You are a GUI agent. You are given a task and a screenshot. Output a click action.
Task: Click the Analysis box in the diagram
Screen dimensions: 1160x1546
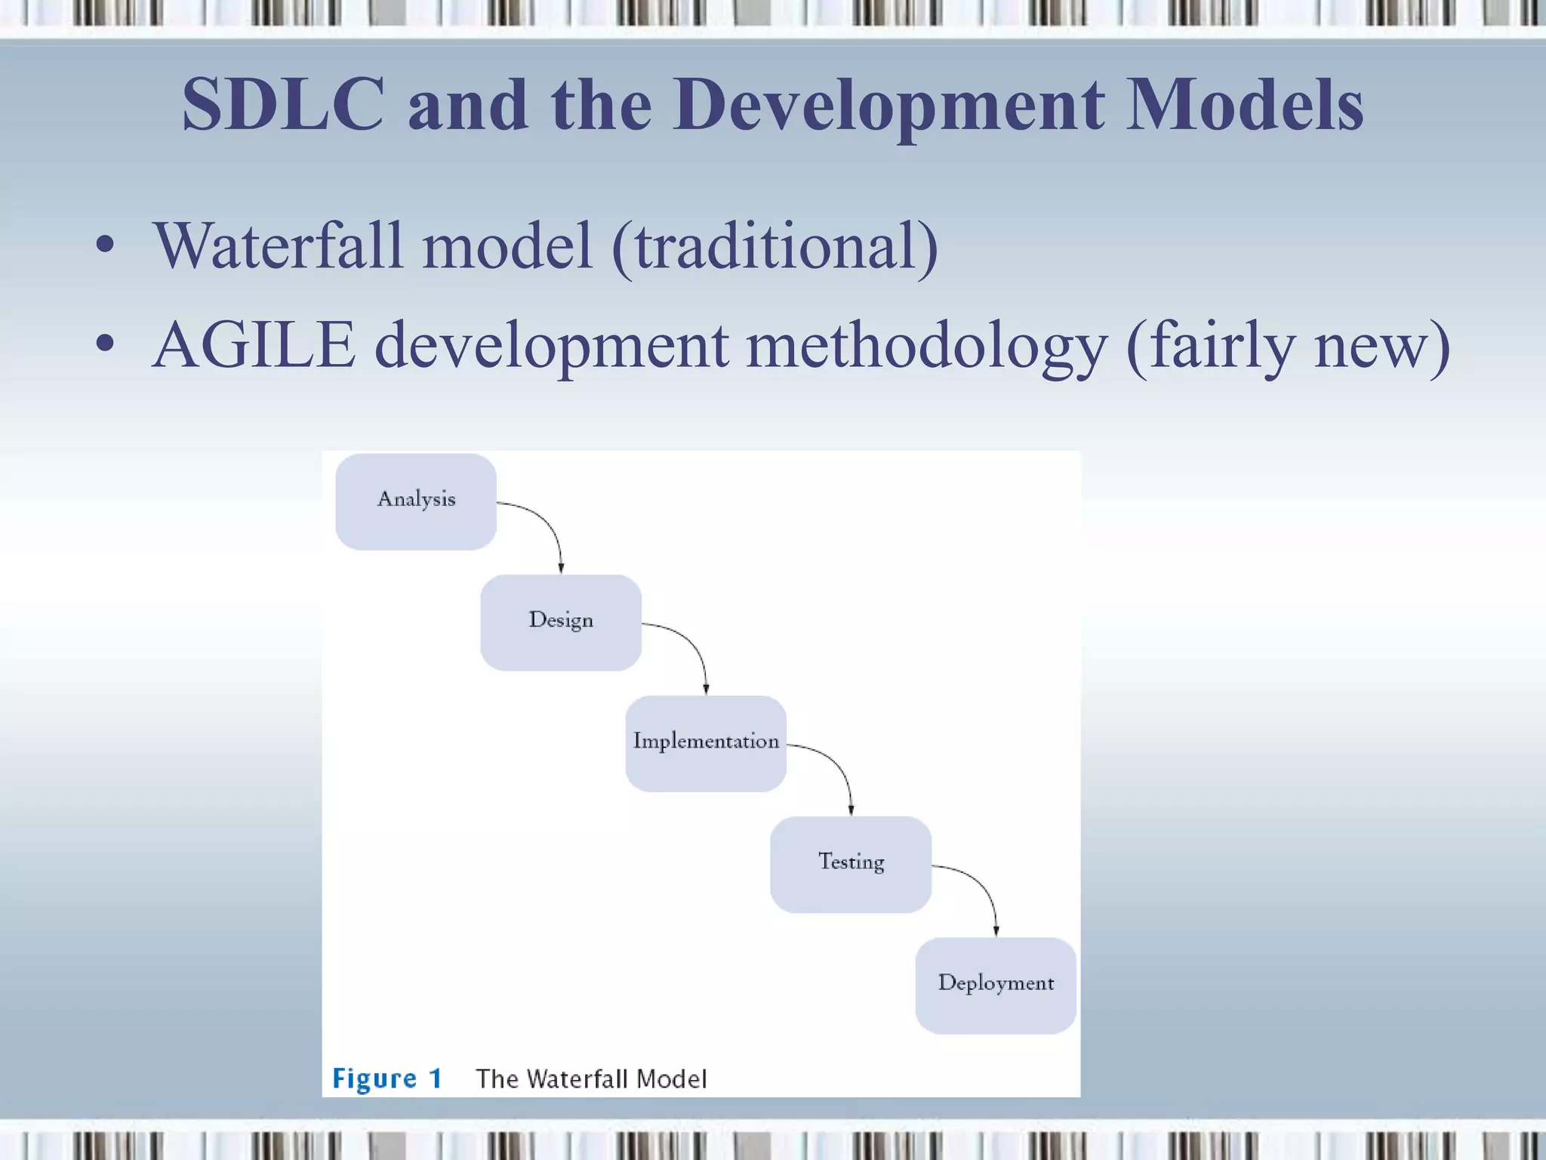[x=416, y=501]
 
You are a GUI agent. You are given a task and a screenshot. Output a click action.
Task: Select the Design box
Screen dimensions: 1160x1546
[x=561, y=622]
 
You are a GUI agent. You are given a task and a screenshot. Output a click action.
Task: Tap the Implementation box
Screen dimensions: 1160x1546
[x=706, y=743]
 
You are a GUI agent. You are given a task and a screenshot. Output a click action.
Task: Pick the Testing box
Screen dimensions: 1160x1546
[x=851, y=864]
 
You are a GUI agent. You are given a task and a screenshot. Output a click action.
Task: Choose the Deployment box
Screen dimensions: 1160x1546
[x=996, y=985]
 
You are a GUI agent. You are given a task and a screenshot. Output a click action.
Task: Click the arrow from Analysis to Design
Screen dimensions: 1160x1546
[x=548, y=524]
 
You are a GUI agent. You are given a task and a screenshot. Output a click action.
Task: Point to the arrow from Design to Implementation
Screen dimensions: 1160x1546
[x=693, y=645]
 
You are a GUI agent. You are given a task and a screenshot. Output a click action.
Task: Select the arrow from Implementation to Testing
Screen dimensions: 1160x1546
[x=838, y=766]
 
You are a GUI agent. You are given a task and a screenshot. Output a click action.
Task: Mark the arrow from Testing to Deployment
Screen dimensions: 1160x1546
[x=983, y=887]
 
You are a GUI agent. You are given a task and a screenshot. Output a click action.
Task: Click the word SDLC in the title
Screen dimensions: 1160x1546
[x=283, y=105]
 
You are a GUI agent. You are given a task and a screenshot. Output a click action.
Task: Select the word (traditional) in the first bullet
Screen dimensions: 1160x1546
[x=775, y=246]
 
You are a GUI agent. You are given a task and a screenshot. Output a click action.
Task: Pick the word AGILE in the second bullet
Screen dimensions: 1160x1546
[x=254, y=345]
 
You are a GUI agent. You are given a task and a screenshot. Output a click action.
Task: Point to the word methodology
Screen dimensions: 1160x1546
[x=926, y=345]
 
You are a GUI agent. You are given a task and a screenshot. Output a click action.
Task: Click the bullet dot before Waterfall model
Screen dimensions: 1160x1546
[x=105, y=245]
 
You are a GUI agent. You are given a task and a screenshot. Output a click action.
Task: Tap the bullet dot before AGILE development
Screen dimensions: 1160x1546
[x=105, y=344]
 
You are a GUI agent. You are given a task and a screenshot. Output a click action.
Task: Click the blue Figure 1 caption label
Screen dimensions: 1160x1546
[x=387, y=1078]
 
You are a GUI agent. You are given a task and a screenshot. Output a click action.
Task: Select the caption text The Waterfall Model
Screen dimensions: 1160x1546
[x=591, y=1078]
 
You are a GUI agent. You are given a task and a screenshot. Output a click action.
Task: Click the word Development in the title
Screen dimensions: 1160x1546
[x=889, y=105]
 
